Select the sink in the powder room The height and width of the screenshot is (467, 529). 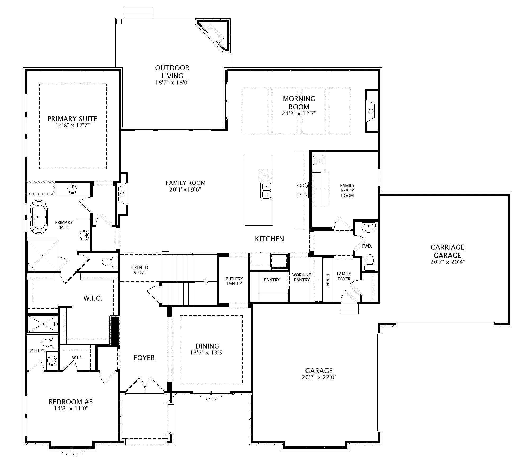coord(368,227)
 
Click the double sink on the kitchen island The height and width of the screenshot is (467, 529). coord(266,191)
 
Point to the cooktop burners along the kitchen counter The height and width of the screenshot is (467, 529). coord(302,190)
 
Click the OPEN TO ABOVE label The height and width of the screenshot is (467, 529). coord(140,270)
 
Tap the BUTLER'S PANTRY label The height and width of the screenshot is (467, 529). coord(235,281)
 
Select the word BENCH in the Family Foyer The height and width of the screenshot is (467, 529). coord(328,280)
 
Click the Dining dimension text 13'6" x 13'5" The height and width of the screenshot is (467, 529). coord(207,353)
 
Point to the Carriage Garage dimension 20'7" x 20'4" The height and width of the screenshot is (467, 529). coord(447,262)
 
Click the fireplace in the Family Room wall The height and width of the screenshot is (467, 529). coord(122,194)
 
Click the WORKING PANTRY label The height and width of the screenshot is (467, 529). coord(302,277)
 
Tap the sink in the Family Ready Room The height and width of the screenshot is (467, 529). coord(319,160)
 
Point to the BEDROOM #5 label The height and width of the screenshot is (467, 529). coord(71,402)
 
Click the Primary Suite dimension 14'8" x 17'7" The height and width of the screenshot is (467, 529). coord(72,125)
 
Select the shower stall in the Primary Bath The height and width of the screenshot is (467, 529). coord(43,256)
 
